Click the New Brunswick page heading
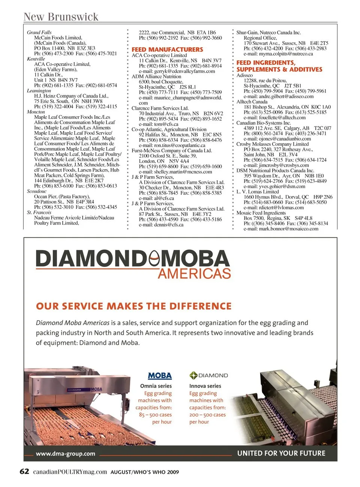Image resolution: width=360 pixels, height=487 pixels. tap(61, 17)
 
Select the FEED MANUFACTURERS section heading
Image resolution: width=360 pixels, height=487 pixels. tap(167, 49)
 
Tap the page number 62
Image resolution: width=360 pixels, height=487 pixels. tap(24, 471)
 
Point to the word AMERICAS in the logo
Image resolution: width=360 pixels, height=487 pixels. tap(194, 273)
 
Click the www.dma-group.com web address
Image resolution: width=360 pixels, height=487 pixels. tap(66, 454)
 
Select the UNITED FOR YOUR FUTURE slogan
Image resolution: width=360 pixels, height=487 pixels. tap(281, 453)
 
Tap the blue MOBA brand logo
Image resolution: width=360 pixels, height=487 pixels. tap(160, 376)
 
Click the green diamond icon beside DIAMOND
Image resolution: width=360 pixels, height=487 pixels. tap(193, 375)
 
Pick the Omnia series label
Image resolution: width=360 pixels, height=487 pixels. tap(156, 386)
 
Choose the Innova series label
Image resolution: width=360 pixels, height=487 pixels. tap(205, 386)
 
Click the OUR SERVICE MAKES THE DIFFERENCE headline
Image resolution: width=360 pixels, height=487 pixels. tap(134, 306)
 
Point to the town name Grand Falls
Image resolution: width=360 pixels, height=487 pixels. tap(39, 33)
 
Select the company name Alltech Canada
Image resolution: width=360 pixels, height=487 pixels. tap(252, 102)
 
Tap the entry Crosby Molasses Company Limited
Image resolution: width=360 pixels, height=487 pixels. tap(273, 144)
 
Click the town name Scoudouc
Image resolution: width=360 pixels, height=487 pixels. tap(37, 191)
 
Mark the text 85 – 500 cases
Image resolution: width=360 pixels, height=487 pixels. tap(155, 415)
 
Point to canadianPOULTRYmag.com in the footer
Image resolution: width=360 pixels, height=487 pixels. tap(70, 472)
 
